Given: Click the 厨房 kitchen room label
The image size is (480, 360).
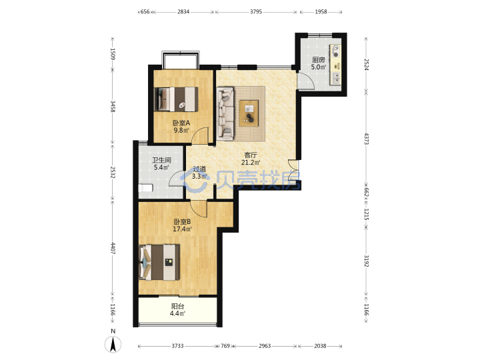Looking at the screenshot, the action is pos(319,60).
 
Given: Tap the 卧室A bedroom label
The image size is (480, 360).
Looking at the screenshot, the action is pos(181,123).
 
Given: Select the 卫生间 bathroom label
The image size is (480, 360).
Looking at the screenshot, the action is pos(161,160).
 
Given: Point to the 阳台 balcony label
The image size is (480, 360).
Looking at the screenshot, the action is pos(177,306).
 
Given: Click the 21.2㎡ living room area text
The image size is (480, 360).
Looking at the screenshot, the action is pos(251,162).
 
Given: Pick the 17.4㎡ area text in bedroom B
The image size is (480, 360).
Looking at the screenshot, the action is pos(183,229).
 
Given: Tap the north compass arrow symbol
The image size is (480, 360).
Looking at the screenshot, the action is pos(113,343).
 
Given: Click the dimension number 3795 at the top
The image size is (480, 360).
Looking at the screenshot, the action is pos(256,11).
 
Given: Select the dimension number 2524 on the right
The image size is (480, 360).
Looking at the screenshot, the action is pos(366,63).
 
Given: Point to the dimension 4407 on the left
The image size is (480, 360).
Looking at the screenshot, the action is pos(113,249).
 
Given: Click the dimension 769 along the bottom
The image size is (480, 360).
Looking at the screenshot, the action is pos(225,346).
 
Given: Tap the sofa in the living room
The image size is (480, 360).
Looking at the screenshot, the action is pos(225,113).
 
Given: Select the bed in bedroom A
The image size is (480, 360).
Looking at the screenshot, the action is pos(176,99).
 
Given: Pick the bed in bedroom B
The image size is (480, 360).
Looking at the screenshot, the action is pos(159,263).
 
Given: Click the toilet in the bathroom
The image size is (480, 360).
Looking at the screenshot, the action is pos(145,187).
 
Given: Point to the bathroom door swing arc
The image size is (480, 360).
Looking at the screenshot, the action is pos(173,177).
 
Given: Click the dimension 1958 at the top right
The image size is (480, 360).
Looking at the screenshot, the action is pos(321,11).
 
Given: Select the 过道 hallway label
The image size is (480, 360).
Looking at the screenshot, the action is pos(199,169).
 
